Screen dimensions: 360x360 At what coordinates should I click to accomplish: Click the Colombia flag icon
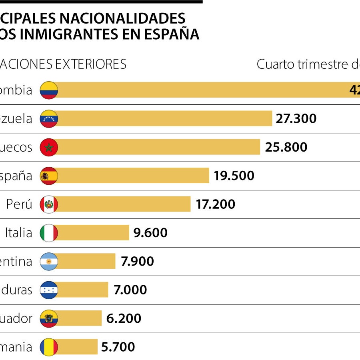(x=49, y=90)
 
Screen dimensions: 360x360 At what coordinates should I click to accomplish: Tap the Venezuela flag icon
(x=49, y=119)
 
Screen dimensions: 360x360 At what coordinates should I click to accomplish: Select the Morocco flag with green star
(x=49, y=147)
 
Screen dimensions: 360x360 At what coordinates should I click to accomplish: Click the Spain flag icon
(x=49, y=176)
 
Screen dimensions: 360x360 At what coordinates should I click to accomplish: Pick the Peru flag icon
(x=49, y=204)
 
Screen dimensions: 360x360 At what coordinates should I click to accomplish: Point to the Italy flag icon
(x=49, y=233)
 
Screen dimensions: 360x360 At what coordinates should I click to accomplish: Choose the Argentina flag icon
(x=49, y=262)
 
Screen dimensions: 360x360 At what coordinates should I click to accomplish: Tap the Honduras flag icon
(x=49, y=290)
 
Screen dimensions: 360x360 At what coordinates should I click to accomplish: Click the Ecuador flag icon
(x=49, y=318)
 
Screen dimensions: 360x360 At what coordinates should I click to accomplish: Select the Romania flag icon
(x=49, y=347)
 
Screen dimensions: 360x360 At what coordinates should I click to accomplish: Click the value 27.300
(x=296, y=119)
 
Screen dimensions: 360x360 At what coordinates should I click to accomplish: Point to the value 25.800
(x=286, y=147)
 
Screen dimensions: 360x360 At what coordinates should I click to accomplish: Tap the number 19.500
(x=234, y=176)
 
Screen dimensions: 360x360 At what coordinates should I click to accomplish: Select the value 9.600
(x=150, y=233)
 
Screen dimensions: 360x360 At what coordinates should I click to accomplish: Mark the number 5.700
(x=118, y=347)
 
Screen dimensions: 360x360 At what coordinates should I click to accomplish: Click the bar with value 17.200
(x=124, y=204)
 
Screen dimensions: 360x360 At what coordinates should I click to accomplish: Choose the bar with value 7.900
(x=86, y=262)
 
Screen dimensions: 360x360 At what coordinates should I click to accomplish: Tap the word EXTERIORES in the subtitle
(x=91, y=64)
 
